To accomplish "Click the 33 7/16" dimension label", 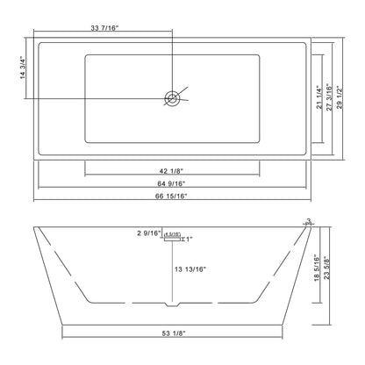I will point(105,27).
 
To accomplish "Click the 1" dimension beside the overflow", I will point(187,239).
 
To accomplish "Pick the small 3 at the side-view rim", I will point(309,221).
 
